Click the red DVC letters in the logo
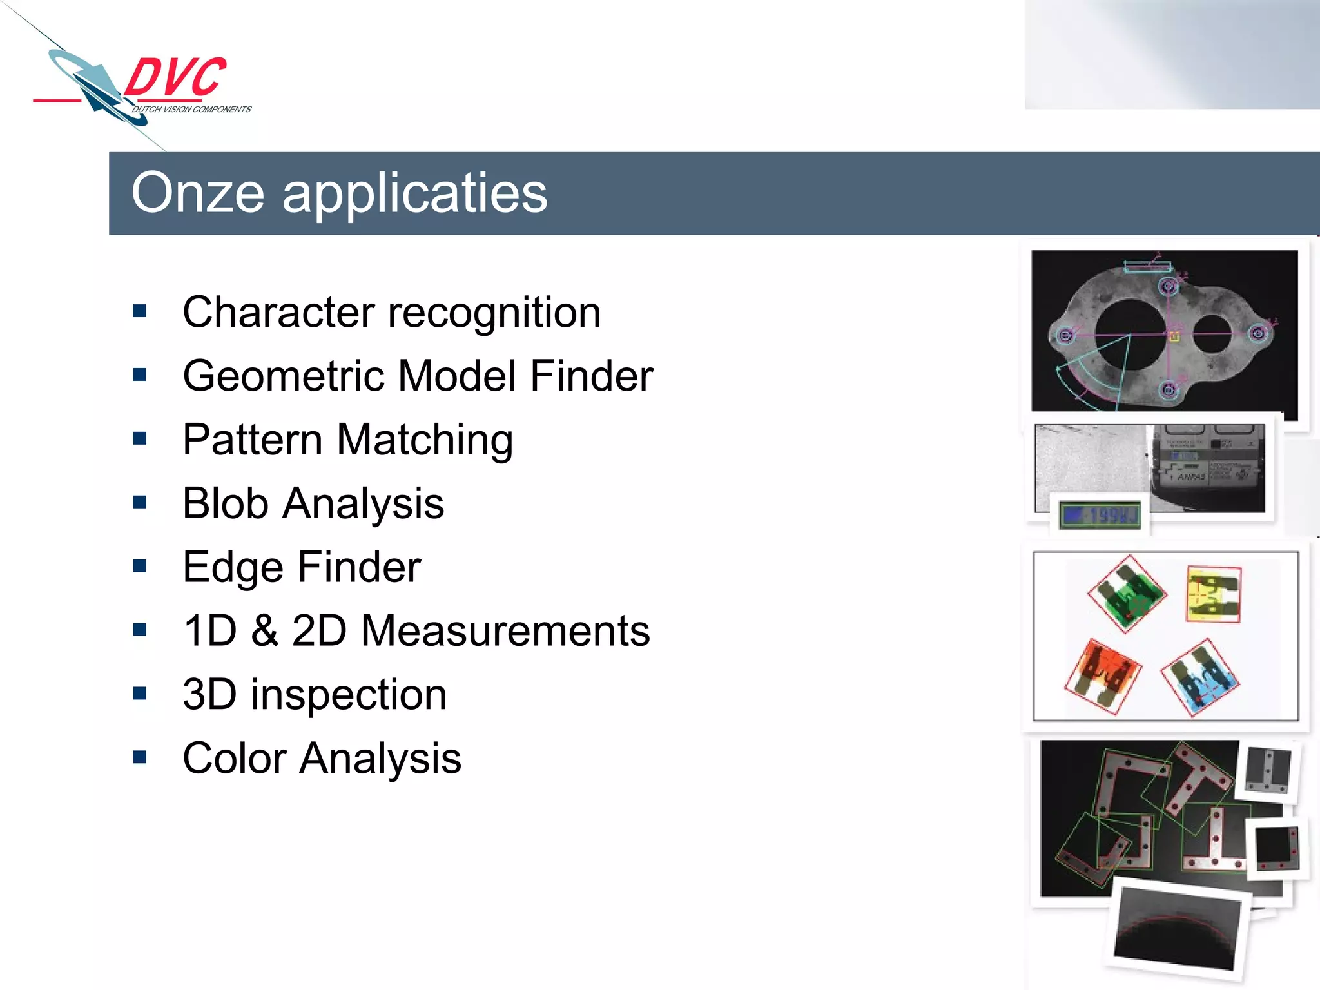175,77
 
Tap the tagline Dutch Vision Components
191,110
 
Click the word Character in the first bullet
278,312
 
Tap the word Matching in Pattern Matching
425,440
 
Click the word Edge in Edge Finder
233,567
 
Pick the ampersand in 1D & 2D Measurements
264,630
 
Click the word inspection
349,694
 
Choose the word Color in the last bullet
235,758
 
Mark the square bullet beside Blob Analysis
140,502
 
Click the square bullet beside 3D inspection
140,694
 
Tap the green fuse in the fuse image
1127,594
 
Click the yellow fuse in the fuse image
1213,594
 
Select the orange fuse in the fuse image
1102,675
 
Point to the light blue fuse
1200,678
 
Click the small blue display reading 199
1100,515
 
